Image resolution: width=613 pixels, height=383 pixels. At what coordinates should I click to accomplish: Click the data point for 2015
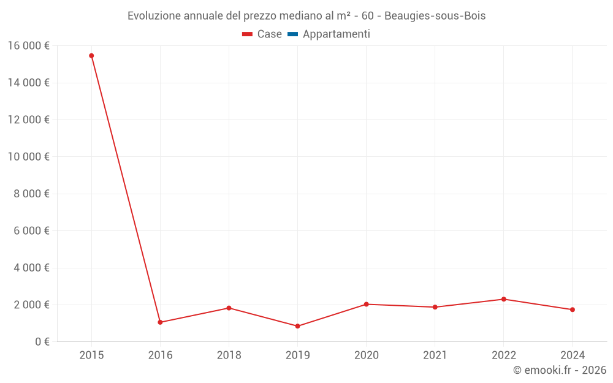pos(91,56)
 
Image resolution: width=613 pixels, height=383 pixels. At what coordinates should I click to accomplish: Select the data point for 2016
pos(160,322)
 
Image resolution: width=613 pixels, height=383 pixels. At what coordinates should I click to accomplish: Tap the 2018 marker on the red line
pos(229,308)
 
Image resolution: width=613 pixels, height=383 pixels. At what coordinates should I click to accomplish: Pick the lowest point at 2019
pos(297,326)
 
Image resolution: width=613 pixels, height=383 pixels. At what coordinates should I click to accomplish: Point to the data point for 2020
pos(366,304)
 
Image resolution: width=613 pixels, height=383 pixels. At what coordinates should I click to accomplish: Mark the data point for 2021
pos(435,307)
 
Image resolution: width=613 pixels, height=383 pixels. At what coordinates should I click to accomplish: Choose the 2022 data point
pos(503,299)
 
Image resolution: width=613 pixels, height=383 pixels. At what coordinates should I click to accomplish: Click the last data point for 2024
pos(572,309)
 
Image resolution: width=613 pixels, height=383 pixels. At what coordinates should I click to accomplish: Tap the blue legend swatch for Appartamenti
pos(292,34)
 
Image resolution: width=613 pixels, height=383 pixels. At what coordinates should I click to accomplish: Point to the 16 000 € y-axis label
pos(28,45)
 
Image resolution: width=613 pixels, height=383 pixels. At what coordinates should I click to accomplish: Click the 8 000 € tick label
pos(31,194)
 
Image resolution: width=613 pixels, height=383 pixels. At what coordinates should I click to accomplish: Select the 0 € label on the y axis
pos(42,342)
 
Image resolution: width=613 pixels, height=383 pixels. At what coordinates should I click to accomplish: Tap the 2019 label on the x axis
pos(297,355)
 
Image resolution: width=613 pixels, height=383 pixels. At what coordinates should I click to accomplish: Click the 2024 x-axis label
pos(572,355)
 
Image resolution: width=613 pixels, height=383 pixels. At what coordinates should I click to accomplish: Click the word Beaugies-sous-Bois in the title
pos(435,16)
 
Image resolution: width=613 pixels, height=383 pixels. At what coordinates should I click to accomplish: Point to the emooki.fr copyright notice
pos(559,370)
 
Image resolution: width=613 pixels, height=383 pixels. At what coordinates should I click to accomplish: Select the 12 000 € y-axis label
pos(28,119)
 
